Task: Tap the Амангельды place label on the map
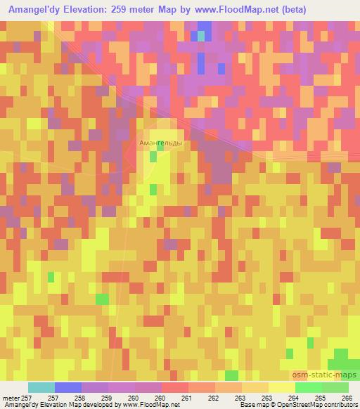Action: click(x=160, y=143)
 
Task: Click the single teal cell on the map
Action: click(x=202, y=35)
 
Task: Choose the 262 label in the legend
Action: click(x=213, y=397)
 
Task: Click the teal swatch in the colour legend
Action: click(x=41, y=387)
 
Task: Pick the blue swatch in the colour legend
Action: click(x=68, y=387)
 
